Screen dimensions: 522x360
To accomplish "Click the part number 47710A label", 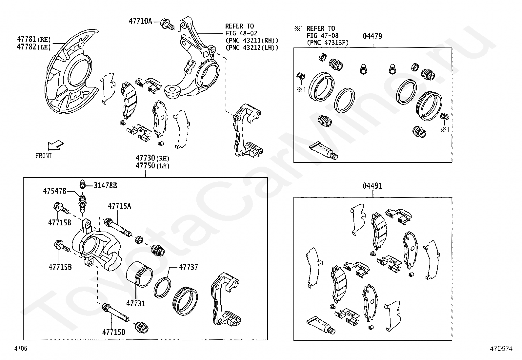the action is coord(140,21).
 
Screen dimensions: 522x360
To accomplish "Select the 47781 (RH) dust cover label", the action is coord(34,39).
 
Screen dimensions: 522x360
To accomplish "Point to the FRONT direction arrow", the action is coord(55,146).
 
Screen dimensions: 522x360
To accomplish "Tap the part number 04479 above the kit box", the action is coord(372,36).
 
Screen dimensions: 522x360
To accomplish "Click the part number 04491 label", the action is coord(372,186).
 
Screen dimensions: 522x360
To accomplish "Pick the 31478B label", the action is coord(105,185).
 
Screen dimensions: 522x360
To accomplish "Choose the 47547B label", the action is coord(55,191).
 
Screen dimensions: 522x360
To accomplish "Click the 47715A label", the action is coord(119,206).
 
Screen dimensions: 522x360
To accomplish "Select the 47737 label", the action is coord(188,267).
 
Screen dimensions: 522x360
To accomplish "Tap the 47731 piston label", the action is coord(136,303).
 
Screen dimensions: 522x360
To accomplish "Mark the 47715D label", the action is coord(114,332).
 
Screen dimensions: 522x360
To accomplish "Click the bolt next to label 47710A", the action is coord(167,24).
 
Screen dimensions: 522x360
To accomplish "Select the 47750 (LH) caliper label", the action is coord(152,166).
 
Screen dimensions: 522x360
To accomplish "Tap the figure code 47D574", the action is coord(501,349).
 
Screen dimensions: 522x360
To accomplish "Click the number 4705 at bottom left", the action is coord(21,348).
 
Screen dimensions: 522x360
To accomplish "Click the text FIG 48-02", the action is coord(241,33).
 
